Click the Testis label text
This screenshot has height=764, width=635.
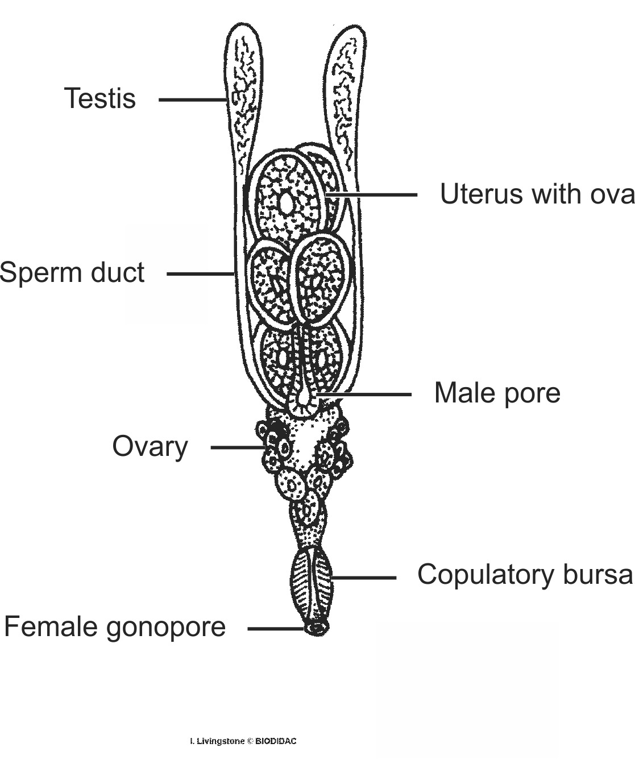coord(100,98)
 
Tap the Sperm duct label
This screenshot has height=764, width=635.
coord(72,273)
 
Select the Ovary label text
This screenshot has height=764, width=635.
coord(150,447)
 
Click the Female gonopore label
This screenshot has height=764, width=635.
coord(115,627)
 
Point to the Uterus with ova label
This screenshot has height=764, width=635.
coord(537,194)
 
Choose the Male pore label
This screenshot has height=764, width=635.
coord(497,393)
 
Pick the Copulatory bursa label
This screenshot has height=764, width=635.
coord(524,575)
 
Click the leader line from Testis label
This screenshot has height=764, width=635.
coord(192,99)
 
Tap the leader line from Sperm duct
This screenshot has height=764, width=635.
coord(201,273)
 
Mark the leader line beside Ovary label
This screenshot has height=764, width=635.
coord(238,447)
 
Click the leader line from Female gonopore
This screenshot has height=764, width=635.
coord(277,628)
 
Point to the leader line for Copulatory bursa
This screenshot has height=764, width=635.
coord(364,578)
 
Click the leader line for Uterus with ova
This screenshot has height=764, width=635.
coord(372,194)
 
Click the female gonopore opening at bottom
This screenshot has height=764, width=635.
coord(317,628)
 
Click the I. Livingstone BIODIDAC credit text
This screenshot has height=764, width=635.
coord(243,741)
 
